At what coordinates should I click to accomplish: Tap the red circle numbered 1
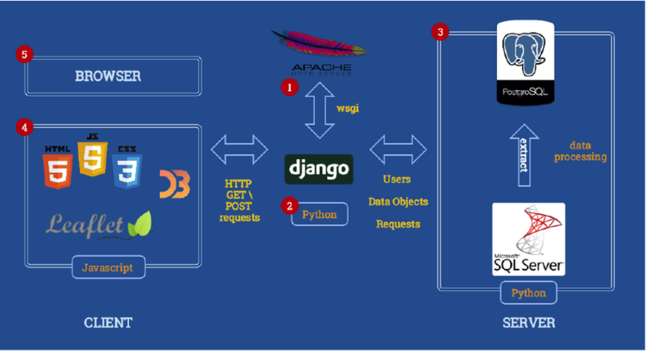click(x=289, y=85)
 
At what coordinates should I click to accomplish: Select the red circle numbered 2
click(x=289, y=206)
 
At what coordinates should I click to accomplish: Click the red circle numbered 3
click(x=441, y=32)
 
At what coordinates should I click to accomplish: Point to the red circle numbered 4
click(x=25, y=127)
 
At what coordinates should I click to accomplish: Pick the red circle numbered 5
click(x=25, y=55)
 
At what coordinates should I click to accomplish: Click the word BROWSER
click(x=108, y=76)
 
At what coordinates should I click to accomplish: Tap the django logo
click(x=320, y=169)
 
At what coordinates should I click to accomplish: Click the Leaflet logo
click(x=99, y=223)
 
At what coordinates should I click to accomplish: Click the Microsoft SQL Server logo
click(x=529, y=239)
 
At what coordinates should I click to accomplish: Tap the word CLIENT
click(x=108, y=322)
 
